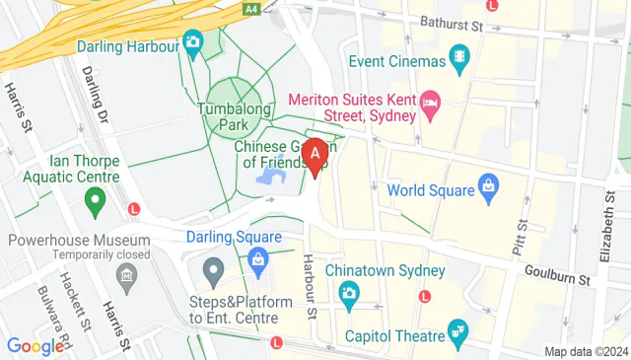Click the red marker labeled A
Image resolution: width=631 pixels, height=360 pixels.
pos(315,156)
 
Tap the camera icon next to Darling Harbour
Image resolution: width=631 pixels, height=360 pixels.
pos(192,41)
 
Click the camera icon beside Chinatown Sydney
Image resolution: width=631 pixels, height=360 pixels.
pos(348,293)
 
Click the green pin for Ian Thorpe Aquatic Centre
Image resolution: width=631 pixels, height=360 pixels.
pos(96,204)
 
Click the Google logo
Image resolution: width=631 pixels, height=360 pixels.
pos(35,346)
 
